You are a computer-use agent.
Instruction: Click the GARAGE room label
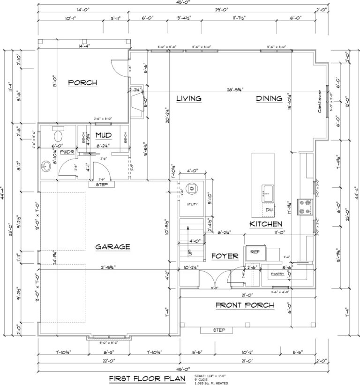click(112, 246)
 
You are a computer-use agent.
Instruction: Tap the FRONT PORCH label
click(244, 305)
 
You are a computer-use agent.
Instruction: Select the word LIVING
click(188, 98)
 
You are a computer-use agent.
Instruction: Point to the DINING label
click(269, 98)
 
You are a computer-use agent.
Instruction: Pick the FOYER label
click(225, 256)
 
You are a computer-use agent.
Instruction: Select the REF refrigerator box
click(255, 252)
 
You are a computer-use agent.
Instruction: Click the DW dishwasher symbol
click(269, 210)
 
